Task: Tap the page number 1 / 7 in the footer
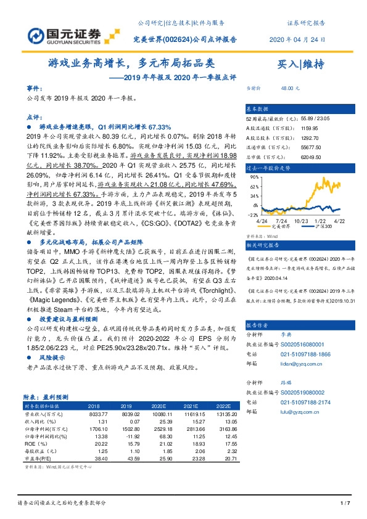tap(345, 504)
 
